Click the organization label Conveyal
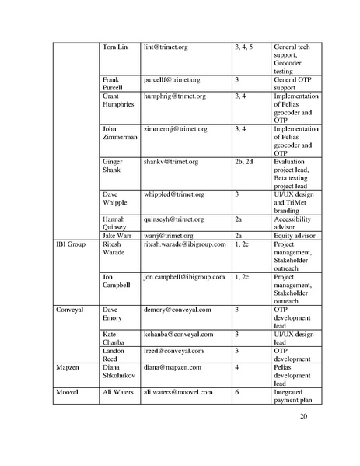[x=69, y=310]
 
